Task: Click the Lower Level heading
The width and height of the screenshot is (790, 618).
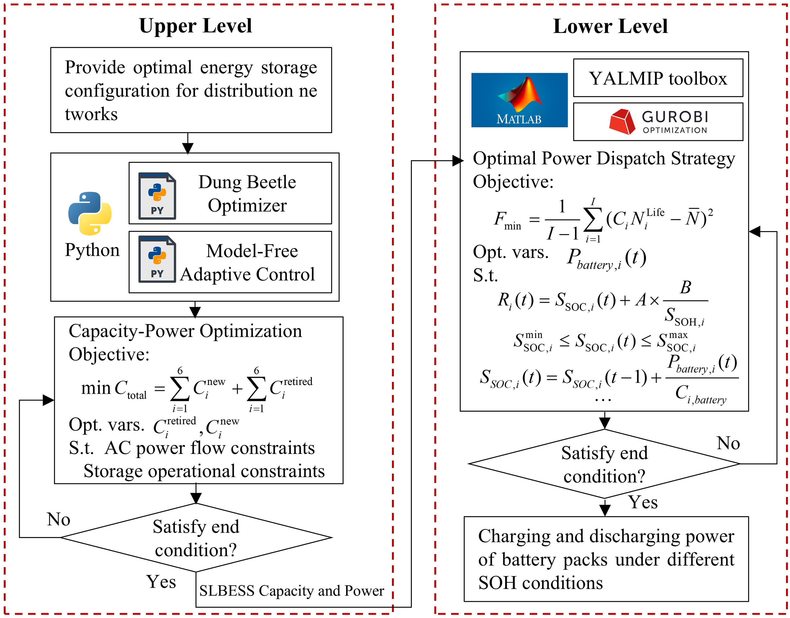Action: [610, 26]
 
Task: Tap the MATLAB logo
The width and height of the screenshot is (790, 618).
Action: [519, 100]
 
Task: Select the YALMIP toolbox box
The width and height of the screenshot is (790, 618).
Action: [658, 78]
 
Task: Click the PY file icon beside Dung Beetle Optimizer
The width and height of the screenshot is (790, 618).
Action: [157, 196]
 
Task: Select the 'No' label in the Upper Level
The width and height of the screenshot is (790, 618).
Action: [58, 519]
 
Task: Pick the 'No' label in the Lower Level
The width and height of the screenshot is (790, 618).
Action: [728, 443]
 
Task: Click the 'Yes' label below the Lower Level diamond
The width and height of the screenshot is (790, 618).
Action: [643, 502]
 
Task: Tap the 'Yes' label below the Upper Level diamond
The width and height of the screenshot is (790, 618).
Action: [161, 582]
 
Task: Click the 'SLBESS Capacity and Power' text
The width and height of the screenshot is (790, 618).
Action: [292, 591]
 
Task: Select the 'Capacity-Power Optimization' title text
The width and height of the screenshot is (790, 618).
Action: [185, 331]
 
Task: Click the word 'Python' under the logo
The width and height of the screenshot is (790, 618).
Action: [92, 250]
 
